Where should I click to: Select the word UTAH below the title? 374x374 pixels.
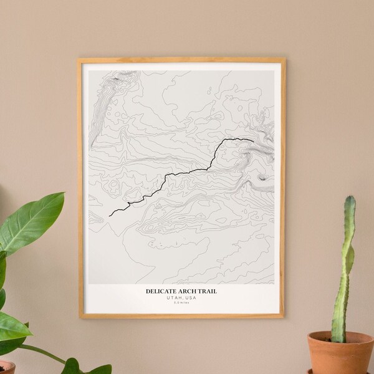(175, 297)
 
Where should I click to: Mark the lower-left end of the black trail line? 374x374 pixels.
(110, 216)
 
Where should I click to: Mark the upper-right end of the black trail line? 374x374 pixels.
(252, 141)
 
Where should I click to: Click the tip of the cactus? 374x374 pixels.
(350, 198)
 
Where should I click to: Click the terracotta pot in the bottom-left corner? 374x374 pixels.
(6, 368)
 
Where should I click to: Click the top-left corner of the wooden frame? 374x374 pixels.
(78, 59)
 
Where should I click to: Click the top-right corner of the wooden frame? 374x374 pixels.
(284, 59)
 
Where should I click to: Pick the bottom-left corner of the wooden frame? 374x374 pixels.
(79, 318)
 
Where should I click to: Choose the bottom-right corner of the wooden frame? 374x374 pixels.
(284, 318)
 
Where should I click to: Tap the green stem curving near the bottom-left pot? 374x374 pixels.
(44, 352)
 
